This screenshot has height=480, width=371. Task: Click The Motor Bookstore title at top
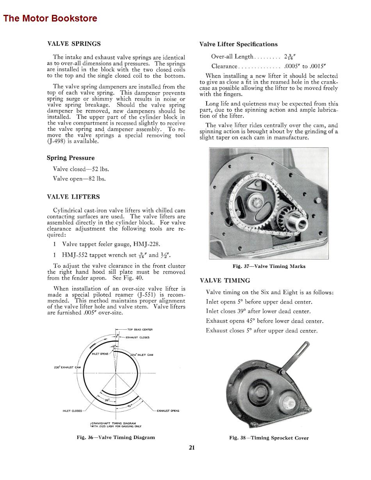click(x=50, y=18)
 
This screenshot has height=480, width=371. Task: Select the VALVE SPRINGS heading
click(x=74, y=44)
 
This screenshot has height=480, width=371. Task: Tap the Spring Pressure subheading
click(x=70, y=158)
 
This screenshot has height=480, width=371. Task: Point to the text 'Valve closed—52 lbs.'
click(x=81, y=169)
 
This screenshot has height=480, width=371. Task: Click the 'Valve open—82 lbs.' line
click(x=79, y=179)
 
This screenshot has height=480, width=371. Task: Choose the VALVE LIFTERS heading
click(x=73, y=197)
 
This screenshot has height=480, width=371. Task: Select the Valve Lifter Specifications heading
click(x=238, y=44)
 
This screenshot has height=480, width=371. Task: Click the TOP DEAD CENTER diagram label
click(x=140, y=329)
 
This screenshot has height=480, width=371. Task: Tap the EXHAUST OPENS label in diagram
click(x=168, y=410)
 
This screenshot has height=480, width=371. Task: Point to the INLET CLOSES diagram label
click(x=72, y=410)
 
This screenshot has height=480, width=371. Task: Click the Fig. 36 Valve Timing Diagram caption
click(x=116, y=437)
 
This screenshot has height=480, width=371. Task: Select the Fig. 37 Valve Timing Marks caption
click(x=269, y=266)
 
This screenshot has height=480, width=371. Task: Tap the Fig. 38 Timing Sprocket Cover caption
click(x=269, y=438)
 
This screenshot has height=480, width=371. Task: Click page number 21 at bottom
click(x=192, y=448)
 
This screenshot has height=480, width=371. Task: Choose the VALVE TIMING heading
click(x=225, y=280)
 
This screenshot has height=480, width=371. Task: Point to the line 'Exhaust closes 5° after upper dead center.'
click(x=262, y=331)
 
